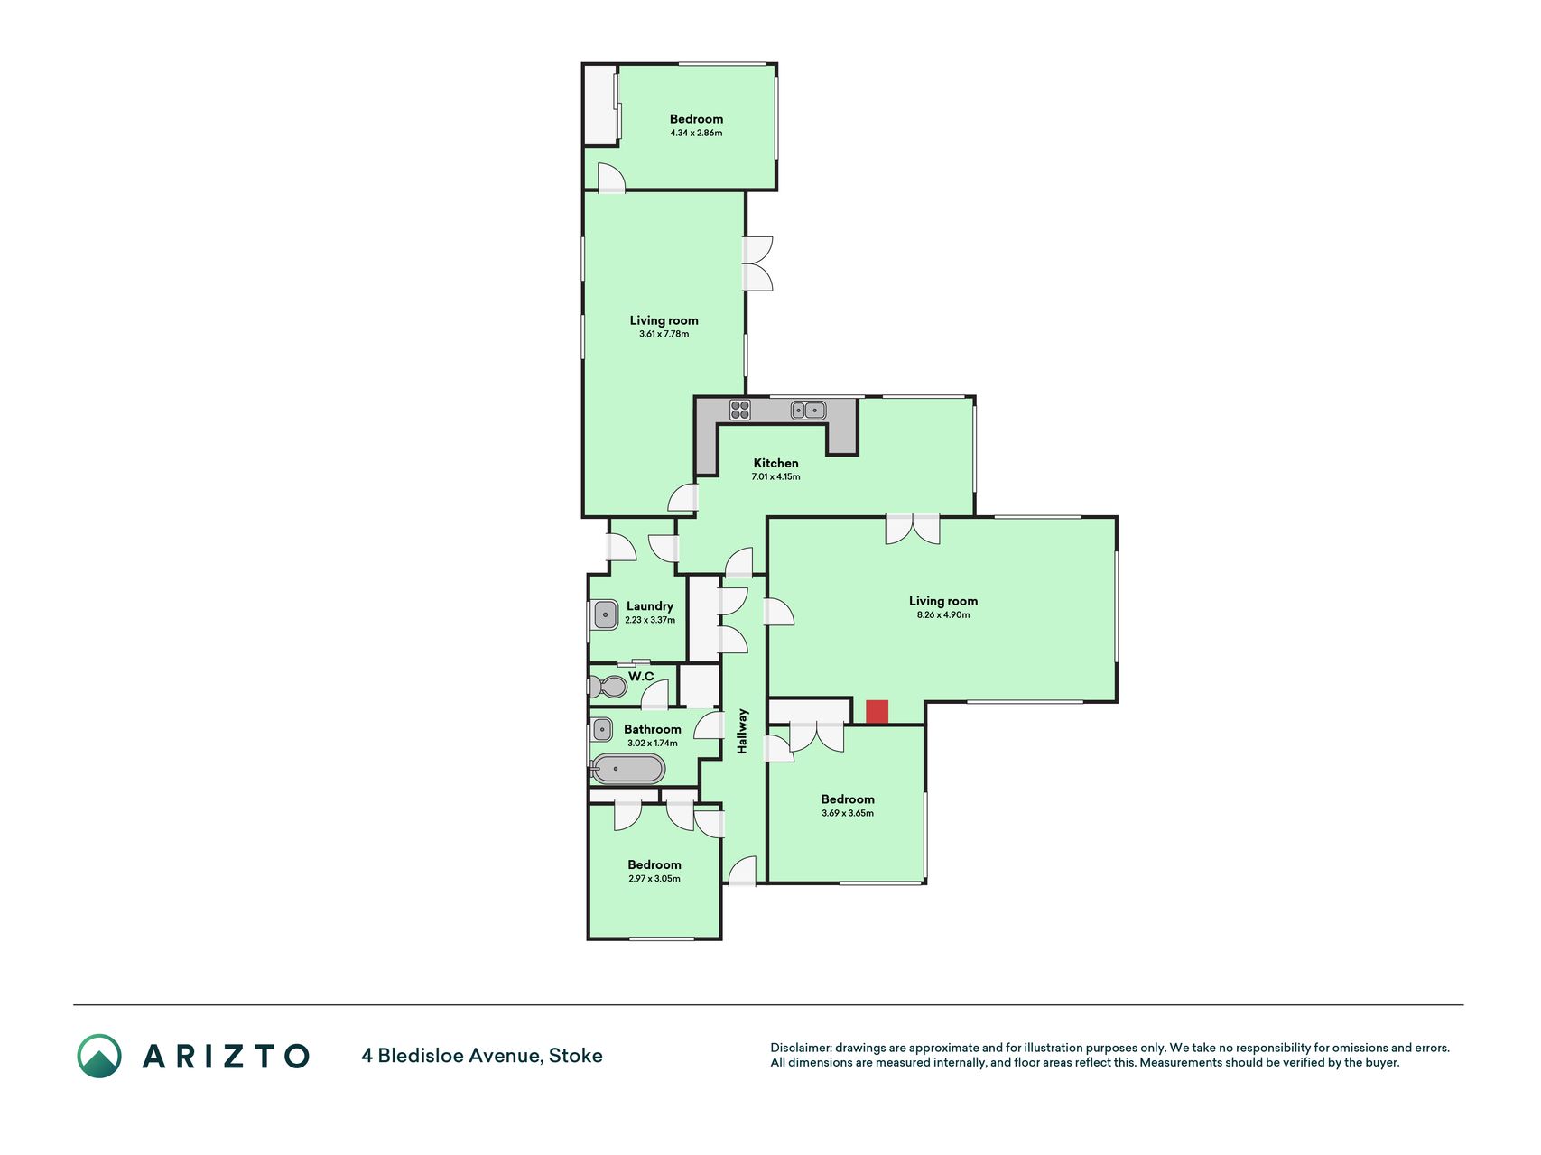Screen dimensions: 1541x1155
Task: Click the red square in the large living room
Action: (877, 712)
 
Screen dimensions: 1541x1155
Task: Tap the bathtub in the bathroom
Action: (628, 770)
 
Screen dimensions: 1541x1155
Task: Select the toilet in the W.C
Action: (608, 687)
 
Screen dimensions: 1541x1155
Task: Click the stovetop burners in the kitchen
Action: (740, 410)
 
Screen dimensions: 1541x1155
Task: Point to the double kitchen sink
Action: (809, 411)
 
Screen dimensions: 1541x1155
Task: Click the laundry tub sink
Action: (606, 615)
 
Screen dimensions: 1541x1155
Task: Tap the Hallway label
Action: (743, 731)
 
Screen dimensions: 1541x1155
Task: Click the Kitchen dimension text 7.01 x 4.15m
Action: (776, 476)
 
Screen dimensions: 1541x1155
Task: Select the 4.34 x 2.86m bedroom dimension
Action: (696, 133)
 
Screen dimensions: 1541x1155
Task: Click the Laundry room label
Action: (650, 606)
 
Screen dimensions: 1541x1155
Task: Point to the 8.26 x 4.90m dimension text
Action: (943, 614)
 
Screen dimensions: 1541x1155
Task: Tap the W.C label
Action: (642, 676)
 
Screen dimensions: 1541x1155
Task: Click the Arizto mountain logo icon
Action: (99, 1056)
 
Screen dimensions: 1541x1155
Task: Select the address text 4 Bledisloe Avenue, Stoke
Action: (482, 1056)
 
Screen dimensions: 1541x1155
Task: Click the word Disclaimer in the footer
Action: (800, 1048)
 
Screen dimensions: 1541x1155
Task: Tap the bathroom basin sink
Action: (602, 729)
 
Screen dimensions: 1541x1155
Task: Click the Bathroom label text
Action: (653, 729)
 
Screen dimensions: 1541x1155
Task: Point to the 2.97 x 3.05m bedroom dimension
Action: (654, 878)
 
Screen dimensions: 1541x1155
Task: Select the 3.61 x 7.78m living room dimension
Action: (664, 334)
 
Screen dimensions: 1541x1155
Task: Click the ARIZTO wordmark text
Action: (226, 1056)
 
